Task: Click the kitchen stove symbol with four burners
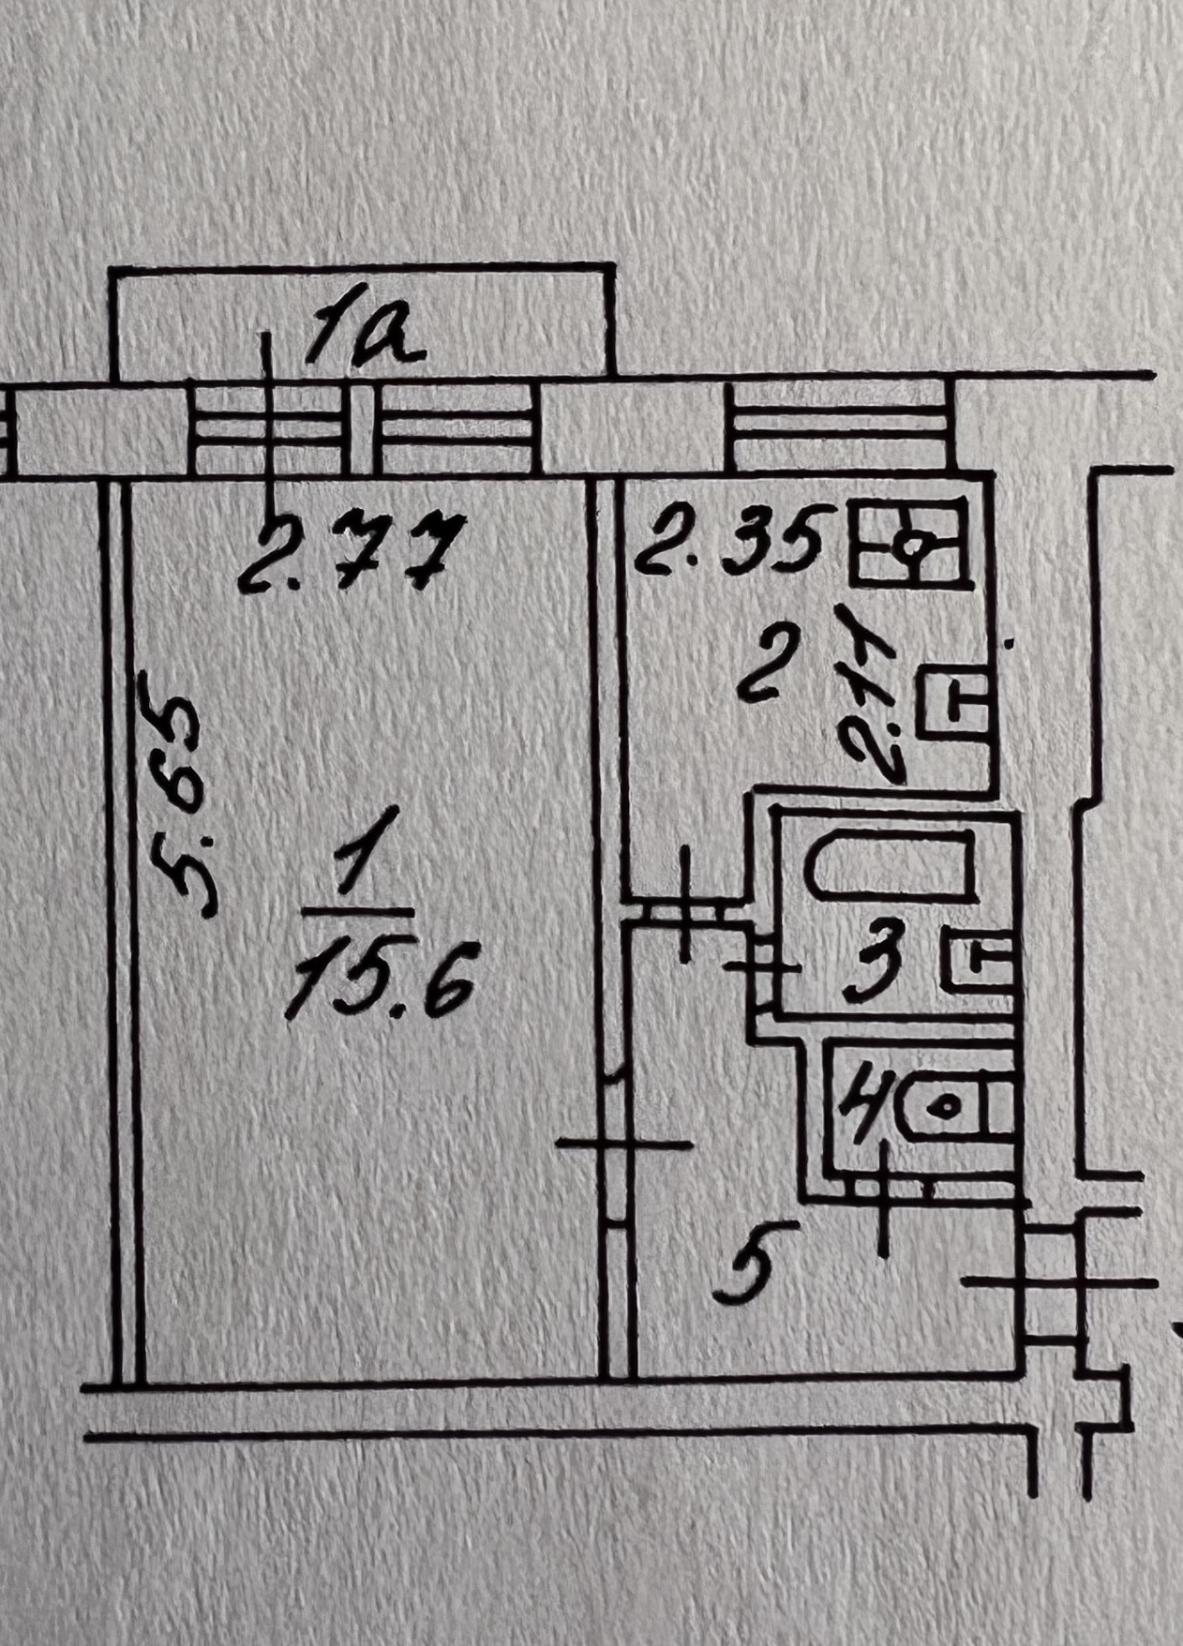908,544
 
